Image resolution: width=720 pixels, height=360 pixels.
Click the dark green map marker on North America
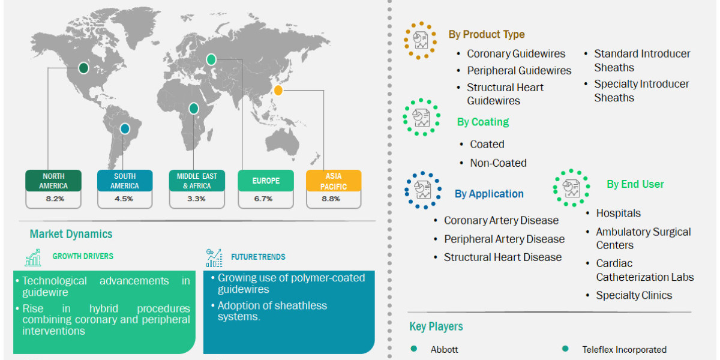(83, 68)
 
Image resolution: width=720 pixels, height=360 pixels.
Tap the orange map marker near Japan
(278, 91)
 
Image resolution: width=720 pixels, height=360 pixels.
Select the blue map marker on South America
(125, 129)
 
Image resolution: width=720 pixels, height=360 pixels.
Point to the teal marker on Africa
(193, 109)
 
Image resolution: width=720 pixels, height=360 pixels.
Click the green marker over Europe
(211, 59)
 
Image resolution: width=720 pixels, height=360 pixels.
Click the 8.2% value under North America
(55, 199)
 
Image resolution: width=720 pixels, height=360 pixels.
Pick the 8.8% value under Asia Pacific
(331, 199)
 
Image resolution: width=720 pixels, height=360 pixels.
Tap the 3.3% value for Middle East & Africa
(196, 199)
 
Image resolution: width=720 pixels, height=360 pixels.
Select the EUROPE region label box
(266, 181)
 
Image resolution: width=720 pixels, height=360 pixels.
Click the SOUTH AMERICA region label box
(125, 181)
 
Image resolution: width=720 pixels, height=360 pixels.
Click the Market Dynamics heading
(71, 234)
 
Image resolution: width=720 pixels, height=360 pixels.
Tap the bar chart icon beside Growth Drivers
(33, 257)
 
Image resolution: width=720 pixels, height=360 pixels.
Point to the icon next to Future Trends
(214, 258)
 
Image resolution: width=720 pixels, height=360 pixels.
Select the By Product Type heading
(487, 34)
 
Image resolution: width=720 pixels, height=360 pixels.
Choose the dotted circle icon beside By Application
(422, 190)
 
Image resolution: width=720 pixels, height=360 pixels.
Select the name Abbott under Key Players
(444, 349)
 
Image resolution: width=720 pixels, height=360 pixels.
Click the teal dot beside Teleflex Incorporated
(565, 349)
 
